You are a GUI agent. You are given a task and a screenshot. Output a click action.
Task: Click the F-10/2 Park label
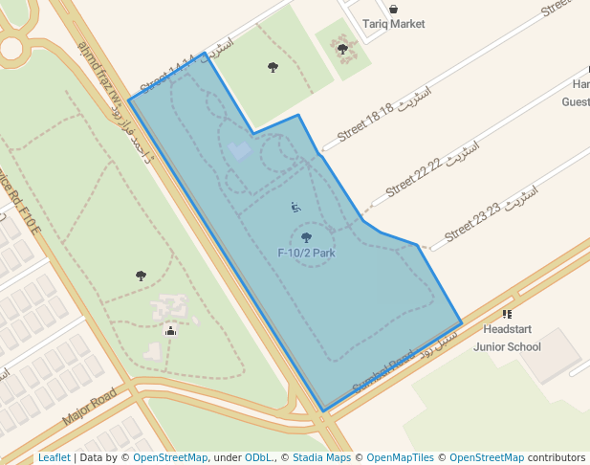pyautogui.click(x=306, y=254)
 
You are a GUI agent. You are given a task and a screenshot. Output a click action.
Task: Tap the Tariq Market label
pyautogui.click(x=394, y=24)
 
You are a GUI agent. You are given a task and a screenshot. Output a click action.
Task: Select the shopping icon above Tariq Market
pyautogui.click(x=393, y=9)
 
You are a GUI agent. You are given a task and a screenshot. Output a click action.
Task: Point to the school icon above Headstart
pyautogui.click(x=507, y=314)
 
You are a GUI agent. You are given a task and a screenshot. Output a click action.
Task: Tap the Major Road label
pyautogui.click(x=89, y=407)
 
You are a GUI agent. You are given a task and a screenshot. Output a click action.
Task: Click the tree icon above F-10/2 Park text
pyautogui.click(x=306, y=237)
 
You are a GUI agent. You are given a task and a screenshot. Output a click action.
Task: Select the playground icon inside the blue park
pyautogui.click(x=295, y=207)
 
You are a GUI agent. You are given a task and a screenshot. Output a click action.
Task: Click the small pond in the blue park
pyautogui.click(x=240, y=151)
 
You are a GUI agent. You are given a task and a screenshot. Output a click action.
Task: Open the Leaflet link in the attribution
pyautogui.click(x=54, y=458)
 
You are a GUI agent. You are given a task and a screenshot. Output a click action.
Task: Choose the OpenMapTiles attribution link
pyautogui.click(x=403, y=458)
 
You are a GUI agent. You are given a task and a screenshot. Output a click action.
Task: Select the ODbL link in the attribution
pyautogui.click(x=258, y=458)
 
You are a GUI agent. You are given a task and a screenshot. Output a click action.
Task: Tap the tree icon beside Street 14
pyautogui.click(x=273, y=67)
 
